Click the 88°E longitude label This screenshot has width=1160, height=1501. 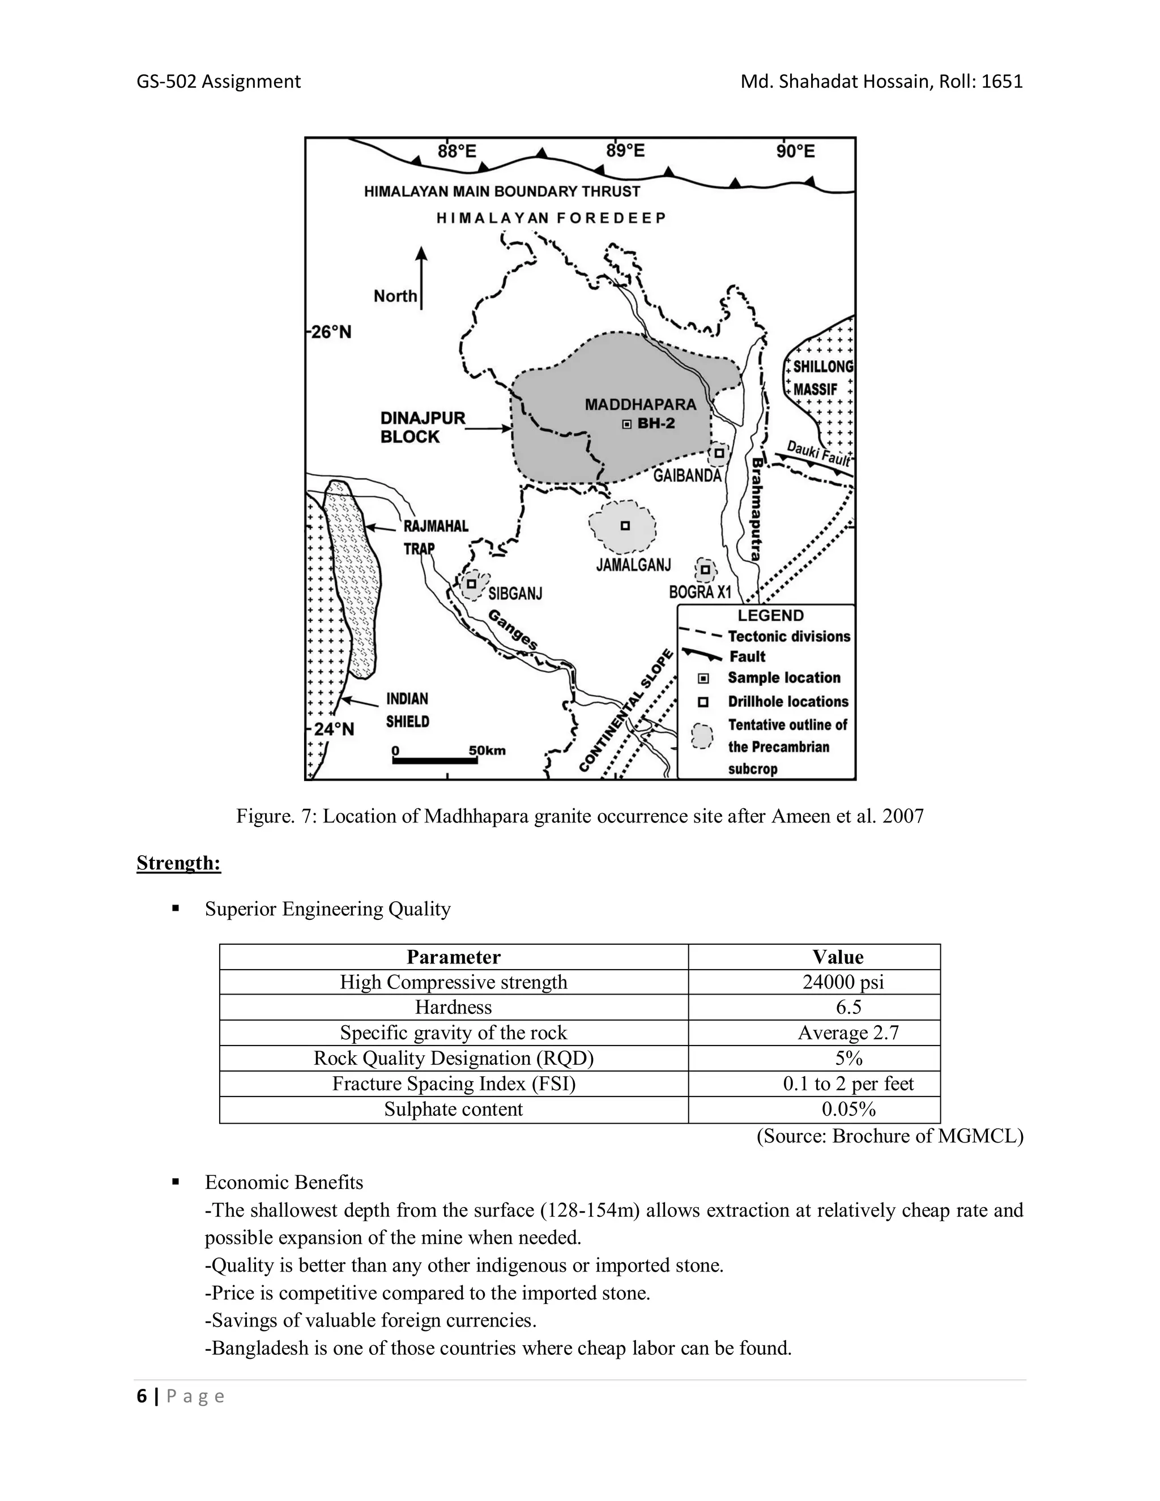(457, 151)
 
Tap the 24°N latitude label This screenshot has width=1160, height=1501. (333, 729)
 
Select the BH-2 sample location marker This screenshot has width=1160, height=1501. (626, 424)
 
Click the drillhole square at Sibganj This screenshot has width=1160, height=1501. (471, 583)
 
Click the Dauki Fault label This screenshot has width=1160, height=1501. (818, 453)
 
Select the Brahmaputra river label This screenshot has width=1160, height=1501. (755, 509)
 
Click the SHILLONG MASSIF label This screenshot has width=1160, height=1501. (822, 377)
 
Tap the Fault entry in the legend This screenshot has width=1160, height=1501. (747, 656)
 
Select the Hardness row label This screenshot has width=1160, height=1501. (453, 1008)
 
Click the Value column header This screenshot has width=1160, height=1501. (837, 957)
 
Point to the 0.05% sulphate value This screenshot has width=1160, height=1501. (848, 1109)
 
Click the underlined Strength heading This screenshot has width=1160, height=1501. (178, 863)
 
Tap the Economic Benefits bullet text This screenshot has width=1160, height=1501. (284, 1182)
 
